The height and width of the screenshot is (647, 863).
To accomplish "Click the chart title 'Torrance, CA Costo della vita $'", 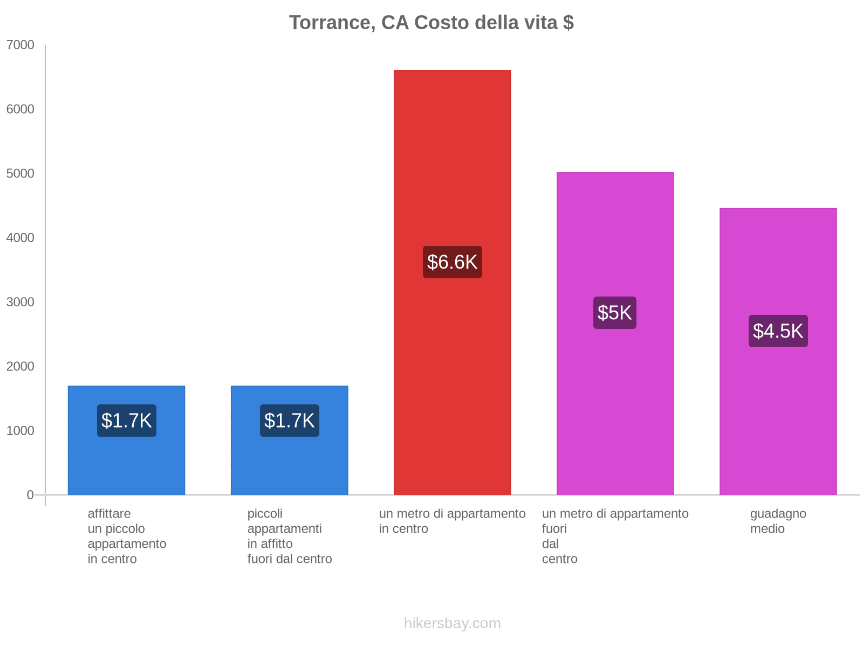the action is tap(432, 23).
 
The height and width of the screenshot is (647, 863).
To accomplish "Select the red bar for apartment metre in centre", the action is tap(452, 283).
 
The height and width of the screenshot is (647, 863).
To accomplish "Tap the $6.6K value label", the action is tap(452, 262).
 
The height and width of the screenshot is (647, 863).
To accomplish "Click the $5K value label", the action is tap(614, 313).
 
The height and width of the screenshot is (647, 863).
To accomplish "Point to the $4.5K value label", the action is tap(778, 331).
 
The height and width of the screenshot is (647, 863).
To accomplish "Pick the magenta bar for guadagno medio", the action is tap(778, 352).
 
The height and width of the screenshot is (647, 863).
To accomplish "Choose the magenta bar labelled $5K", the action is tap(615, 334).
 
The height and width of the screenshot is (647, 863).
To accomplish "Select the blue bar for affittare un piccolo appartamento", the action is tap(126, 440).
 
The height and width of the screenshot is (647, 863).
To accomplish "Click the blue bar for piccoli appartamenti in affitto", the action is tap(289, 440).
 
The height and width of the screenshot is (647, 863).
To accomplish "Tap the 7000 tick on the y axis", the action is tap(20, 45).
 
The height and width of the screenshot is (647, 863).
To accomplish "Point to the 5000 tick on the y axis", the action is tap(20, 173).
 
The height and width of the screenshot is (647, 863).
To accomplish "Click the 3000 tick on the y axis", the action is tap(20, 302).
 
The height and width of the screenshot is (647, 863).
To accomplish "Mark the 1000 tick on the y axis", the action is tap(20, 431).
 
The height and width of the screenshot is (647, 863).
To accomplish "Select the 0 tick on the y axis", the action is tap(30, 495).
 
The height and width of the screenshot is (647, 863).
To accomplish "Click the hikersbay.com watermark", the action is tap(452, 623).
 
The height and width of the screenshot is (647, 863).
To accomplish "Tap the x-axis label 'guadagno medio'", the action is tap(778, 521).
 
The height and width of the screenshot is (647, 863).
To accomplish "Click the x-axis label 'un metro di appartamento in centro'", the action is tap(452, 521).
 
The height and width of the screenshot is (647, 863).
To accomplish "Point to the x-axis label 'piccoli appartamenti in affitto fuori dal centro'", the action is tap(289, 536).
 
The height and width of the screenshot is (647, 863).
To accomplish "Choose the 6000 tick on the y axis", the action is tap(20, 109).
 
